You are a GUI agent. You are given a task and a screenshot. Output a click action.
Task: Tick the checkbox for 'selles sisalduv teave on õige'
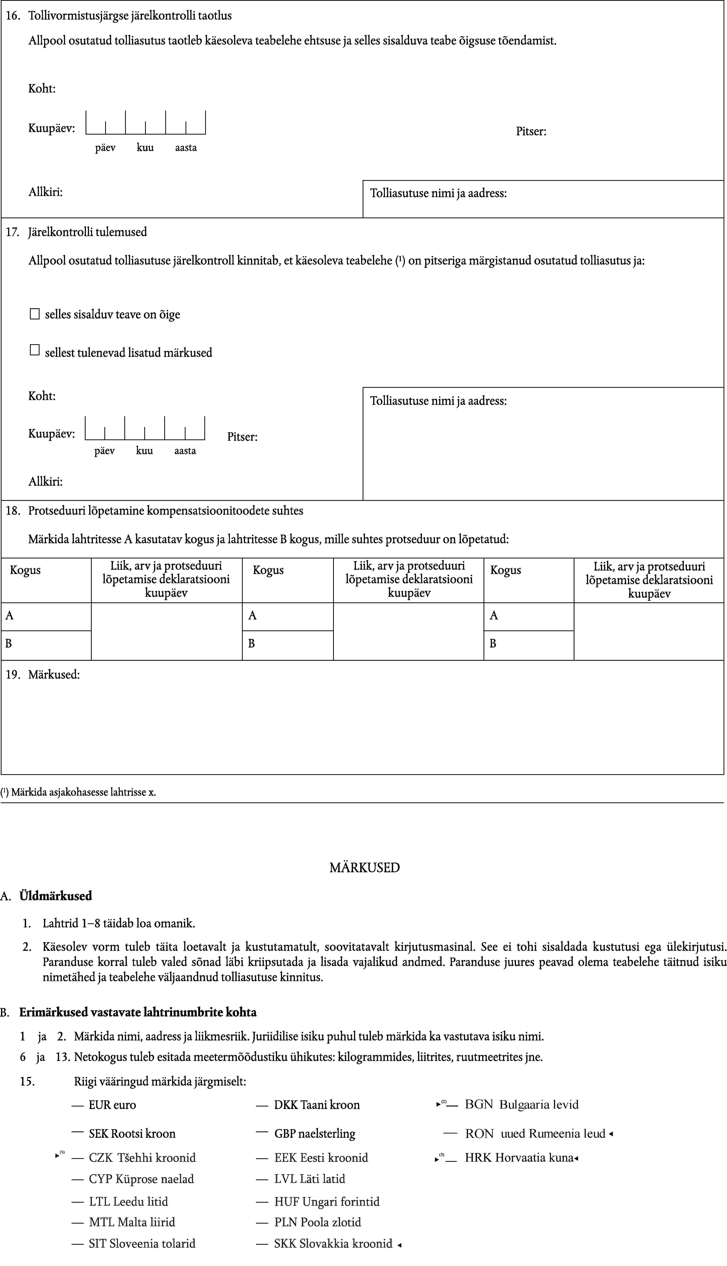coord(35,314)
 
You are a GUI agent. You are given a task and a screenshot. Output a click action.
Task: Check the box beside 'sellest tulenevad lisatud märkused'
coord(35,350)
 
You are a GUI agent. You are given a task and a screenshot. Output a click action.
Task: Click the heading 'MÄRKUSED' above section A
coord(365,867)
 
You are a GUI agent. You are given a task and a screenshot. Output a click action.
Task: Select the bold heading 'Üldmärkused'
coord(55,896)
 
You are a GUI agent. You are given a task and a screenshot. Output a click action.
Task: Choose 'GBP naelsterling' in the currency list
coord(314,1134)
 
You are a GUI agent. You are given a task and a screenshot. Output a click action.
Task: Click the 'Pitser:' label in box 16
coord(531,131)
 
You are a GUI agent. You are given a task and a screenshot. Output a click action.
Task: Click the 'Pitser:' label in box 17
coord(242,437)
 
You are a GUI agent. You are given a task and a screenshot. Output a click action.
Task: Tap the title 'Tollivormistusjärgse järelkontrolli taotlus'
coord(130,16)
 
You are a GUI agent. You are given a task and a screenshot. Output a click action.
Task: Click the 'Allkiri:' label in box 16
coord(45,191)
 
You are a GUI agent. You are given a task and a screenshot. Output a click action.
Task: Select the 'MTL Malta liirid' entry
coord(132,1222)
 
